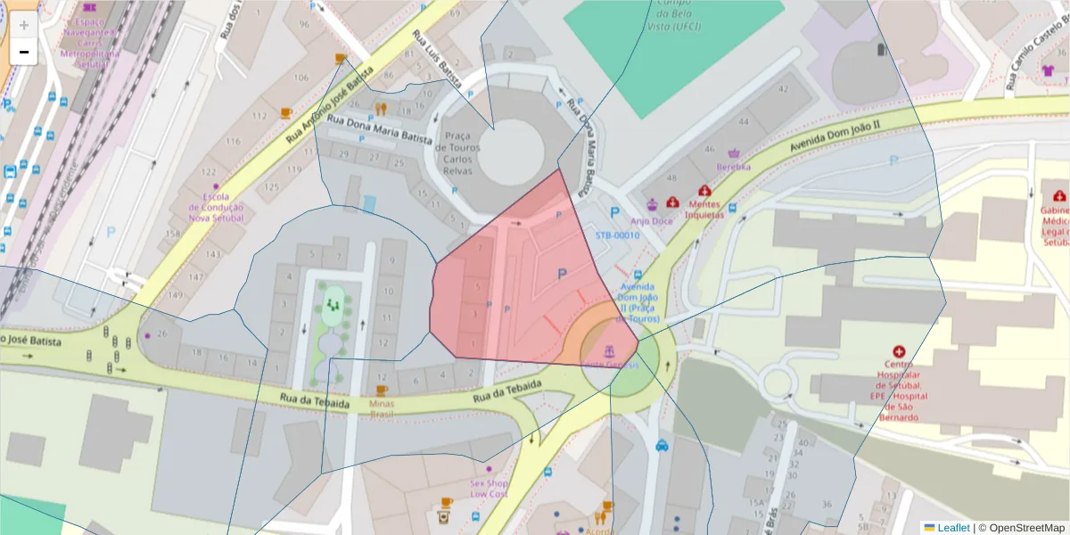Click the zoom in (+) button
point(24,25)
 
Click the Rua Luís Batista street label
point(437,60)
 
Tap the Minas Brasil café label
point(382,408)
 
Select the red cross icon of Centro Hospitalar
point(899,352)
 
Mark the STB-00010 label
point(618,235)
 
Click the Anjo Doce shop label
point(652,220)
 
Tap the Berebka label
point(734,167)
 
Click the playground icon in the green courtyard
point(333,305)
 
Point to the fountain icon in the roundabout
point(610,348)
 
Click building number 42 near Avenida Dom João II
point(783,89)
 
